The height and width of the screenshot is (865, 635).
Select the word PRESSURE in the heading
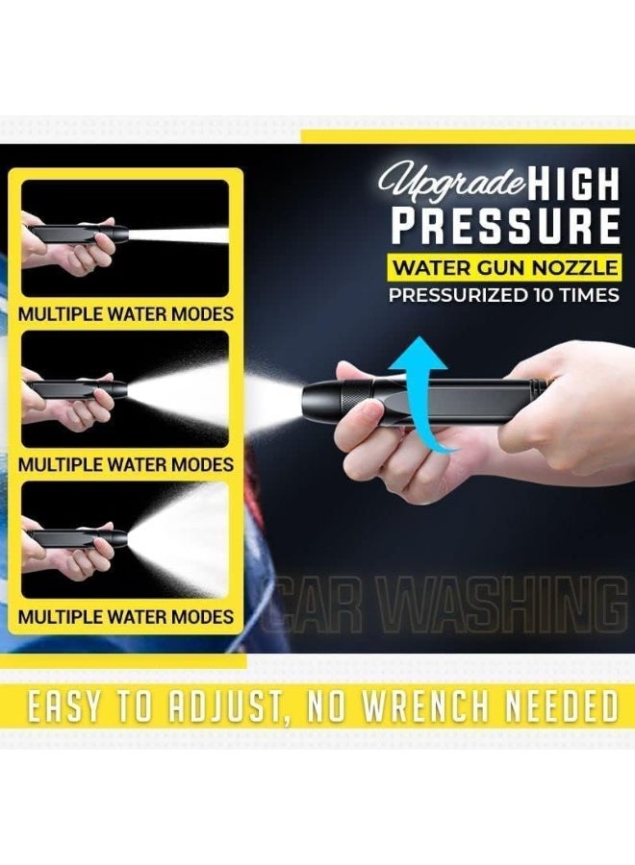(x=504, y=226)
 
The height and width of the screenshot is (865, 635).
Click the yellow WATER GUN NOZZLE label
(x=503, y=264)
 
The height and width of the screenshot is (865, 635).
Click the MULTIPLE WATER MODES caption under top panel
(x=125, y=314)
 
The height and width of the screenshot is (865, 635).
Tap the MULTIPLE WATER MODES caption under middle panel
(x=125, y=465)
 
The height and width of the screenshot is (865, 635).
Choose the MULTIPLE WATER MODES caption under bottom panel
(x=125, y=616)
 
